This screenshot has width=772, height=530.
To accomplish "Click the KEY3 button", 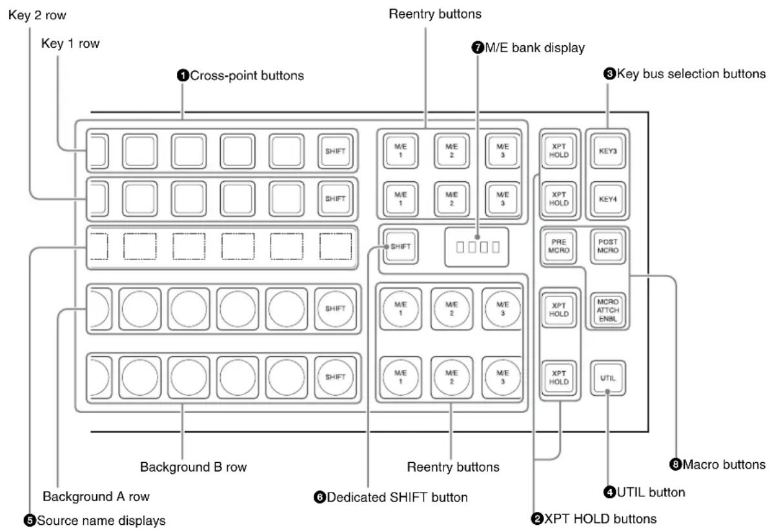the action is pyautogui.click(x=607, y=150).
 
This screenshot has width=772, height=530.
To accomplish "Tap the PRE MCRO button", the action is pyautogui.click(x=558, y=247).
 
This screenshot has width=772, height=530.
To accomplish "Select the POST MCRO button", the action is pyautogui.click(x=607, y=247).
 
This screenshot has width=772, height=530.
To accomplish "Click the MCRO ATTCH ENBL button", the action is pyautogui.click(x=607, y=311).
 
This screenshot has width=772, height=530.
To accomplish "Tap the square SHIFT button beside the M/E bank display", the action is pyautogui.click(x=400, y=247).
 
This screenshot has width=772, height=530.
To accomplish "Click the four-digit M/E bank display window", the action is pyautogui.click(x=476, y=247).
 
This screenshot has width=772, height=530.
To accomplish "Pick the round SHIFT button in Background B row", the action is pyautogui.click(x=335, y=377).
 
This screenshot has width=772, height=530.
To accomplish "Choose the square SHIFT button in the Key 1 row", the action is pyautogui.click(x=335, y=151).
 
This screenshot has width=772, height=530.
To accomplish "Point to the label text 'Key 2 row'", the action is pyautogui.click(x=37, y=15).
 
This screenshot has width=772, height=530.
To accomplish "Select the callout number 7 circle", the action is pyautogui.click(x=478, y=48).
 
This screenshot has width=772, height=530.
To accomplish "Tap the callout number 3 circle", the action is pyautogui.click(x=609, y=74).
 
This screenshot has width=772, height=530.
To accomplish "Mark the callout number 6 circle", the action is pyautogui.click(x=320, y=498).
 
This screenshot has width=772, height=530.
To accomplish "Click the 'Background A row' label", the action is pyautogui.click(x=96, y=496).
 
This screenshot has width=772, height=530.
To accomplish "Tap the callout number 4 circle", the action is pyautogui.click(x=609, y=492).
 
